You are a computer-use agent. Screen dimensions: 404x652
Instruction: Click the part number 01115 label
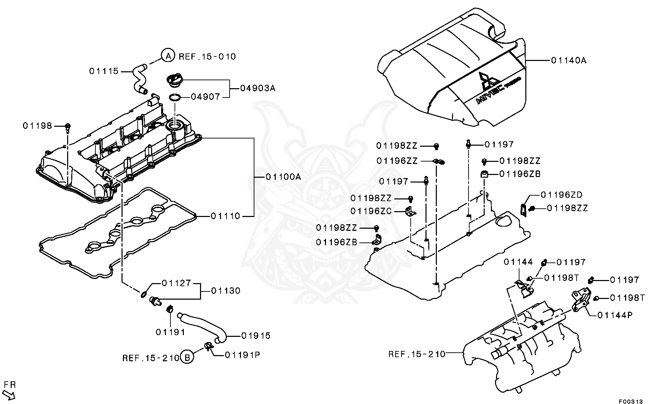(104, 71)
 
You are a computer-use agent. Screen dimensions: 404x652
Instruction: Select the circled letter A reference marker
(167, 55)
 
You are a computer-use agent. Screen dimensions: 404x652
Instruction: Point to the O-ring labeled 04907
(175, 97)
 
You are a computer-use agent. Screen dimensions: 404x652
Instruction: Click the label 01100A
(283, 177)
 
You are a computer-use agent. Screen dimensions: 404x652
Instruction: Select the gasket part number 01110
(225, 216)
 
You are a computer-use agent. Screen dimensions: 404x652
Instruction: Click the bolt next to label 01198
(68, 127)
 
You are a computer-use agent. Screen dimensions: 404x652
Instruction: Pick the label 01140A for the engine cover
(568, 61)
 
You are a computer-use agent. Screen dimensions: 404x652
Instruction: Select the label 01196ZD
(561, 195)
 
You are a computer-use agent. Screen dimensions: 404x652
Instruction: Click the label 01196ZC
(371, 211)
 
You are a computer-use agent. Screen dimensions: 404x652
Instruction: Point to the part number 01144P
(615, 315)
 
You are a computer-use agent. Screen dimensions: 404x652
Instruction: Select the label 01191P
(242, 355)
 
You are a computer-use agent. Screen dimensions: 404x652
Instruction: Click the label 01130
(225, 291)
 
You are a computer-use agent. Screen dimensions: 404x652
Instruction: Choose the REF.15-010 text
(207, 57)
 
